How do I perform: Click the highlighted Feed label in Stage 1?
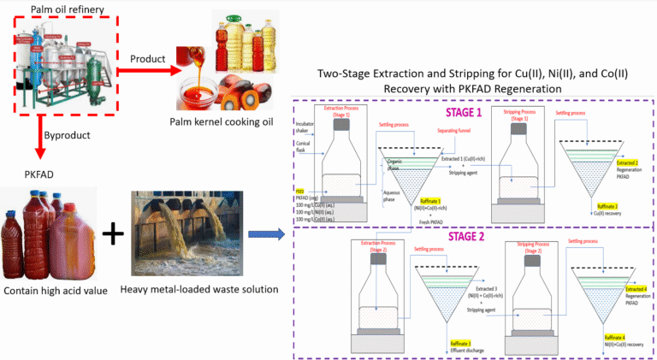[300, 192]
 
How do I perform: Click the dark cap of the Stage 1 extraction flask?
[342, 125]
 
